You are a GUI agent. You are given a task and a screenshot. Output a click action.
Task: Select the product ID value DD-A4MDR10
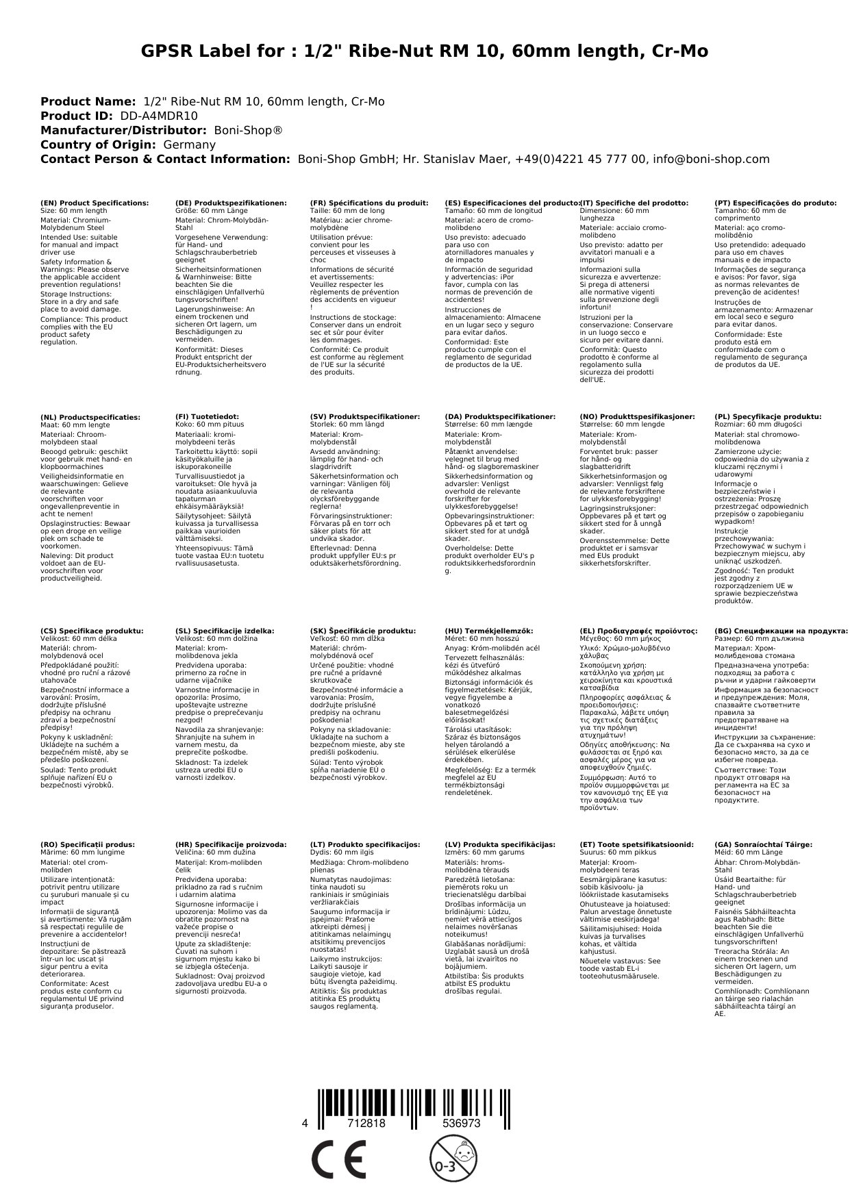point(159,116)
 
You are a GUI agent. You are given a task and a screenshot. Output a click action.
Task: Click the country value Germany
point(189,145)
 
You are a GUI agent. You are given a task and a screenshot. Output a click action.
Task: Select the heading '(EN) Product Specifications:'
point(95,203)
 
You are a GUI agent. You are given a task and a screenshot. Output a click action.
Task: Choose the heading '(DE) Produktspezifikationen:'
point(231,203)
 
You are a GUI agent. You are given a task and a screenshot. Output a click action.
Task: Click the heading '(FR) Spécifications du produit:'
point(368,203)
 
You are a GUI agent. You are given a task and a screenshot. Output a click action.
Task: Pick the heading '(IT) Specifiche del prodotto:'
point(634,203)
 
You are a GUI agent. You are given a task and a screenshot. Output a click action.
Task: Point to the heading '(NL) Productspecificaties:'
point(90,417)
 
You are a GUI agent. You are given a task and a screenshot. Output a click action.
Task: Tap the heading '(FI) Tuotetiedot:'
point(207,417)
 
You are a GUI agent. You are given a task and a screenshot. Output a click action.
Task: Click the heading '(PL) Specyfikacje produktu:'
point(768,417)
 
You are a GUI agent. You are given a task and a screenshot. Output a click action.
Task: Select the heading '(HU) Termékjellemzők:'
point(488,631)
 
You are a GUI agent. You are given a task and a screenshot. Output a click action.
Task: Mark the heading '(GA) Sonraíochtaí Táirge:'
point(763,845)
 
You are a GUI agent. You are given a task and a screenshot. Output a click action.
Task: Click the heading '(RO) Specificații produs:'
point(88,845)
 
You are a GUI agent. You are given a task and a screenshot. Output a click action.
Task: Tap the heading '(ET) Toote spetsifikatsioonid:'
point(636,845)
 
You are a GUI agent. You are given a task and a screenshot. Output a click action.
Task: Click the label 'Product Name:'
point(88,102)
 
